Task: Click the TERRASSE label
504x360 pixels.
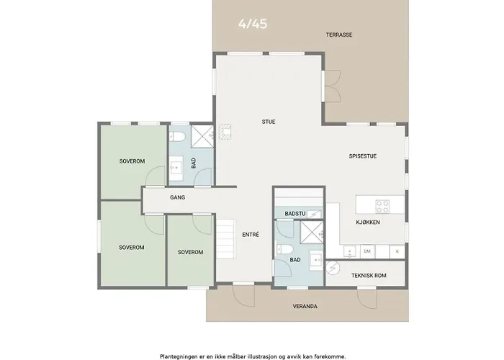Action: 339,35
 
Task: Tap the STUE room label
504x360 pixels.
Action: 269,122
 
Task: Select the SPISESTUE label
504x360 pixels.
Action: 363,156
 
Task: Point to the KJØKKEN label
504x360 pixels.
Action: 368,222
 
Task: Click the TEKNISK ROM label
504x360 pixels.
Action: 369,276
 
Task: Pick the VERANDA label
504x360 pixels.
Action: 305,306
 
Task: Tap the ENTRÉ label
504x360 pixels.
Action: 251,235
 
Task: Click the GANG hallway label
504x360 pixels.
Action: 177,197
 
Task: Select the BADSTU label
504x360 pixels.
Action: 294,214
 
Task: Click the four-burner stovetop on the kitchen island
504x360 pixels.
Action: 382,207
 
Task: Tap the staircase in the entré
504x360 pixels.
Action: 225,238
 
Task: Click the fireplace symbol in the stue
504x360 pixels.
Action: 225,132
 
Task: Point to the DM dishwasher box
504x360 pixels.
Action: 367,251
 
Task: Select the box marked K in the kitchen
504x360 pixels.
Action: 397,251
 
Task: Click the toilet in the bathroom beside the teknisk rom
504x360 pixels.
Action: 285,250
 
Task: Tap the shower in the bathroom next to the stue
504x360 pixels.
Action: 202,137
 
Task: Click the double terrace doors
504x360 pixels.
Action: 332,86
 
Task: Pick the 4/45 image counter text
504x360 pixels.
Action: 253,24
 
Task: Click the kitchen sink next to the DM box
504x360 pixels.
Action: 349,251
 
